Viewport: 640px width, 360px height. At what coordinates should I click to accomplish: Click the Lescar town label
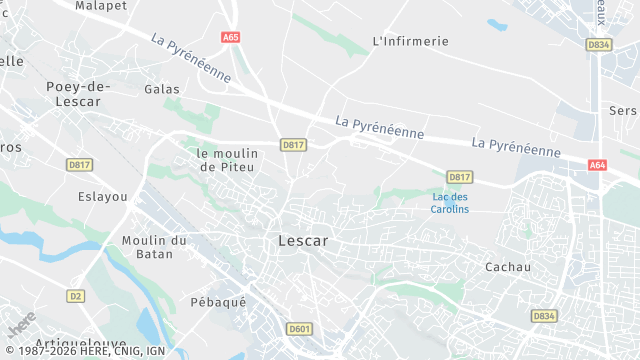(302, 241)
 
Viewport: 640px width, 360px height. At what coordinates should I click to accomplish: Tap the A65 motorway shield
(231, 37)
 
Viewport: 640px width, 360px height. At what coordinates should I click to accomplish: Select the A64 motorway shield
(598, 165)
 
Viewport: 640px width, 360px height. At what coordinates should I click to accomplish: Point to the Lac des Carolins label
(449, 203)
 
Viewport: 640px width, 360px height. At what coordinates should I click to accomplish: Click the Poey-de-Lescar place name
(78, 93)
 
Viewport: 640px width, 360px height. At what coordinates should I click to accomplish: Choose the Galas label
(162, 89)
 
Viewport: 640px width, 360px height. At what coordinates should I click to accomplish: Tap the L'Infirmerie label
(410, 41)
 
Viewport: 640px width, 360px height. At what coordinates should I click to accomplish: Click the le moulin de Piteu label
(228, 160)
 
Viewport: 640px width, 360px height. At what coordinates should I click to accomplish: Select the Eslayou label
(103, 197)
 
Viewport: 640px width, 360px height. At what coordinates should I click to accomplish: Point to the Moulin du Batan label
(154, 247)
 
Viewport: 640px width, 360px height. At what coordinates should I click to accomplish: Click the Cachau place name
(507, 267)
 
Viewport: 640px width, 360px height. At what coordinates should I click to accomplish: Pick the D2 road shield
(76, 296)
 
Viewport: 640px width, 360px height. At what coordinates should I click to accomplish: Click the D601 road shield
(298, 328)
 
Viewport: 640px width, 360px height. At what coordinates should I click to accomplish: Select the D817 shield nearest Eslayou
(79, 164)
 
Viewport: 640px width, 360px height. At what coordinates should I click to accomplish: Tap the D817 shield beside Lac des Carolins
(459, 177)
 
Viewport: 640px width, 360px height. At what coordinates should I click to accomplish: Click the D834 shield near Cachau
(544, 315)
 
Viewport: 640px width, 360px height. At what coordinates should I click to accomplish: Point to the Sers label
(623, 110)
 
